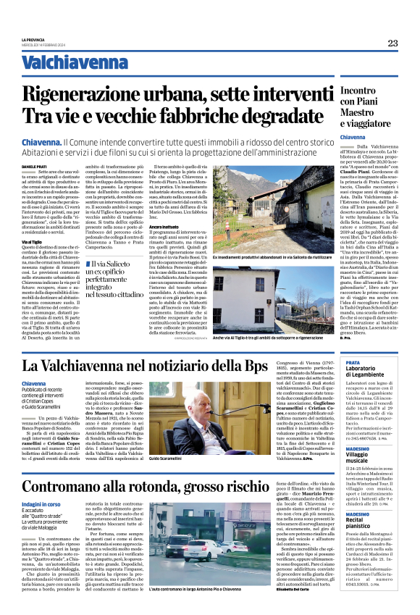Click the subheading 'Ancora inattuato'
pos(164,227)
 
